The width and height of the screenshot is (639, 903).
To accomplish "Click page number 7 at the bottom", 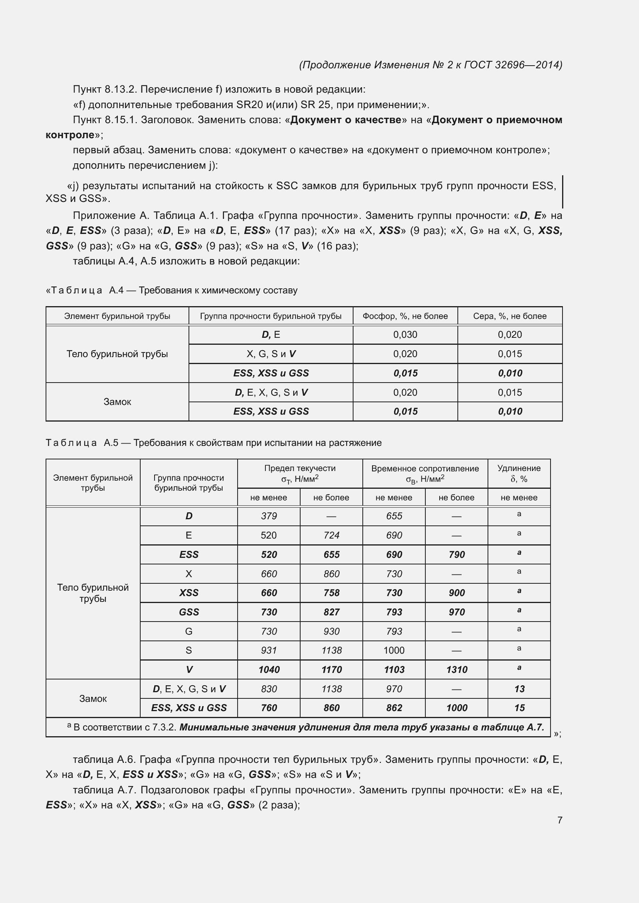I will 559,820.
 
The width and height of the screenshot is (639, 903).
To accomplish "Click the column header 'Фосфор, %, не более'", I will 405,316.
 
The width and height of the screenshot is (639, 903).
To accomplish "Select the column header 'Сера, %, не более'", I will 510,316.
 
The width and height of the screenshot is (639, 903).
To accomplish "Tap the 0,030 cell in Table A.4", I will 405,335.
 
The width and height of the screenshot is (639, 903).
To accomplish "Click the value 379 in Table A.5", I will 269,516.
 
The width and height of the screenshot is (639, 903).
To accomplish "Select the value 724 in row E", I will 331,535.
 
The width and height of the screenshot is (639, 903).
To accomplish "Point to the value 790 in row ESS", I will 456,554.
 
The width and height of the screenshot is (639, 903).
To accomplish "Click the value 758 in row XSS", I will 331,593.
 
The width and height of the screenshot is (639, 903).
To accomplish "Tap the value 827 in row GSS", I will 331,612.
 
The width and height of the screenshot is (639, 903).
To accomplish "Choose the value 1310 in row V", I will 456,670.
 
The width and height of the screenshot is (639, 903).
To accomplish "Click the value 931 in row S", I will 269,650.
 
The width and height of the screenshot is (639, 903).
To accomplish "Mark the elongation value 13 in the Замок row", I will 519,689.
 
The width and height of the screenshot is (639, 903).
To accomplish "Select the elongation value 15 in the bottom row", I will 519,708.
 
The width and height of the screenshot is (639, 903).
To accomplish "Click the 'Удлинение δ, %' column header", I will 518,474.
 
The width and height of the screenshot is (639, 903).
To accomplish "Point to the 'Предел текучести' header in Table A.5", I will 300,468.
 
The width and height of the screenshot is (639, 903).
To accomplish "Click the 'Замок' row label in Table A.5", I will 93,698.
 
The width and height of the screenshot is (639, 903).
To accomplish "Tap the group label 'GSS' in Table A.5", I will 189,612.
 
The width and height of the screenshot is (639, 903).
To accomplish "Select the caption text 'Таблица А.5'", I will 82,443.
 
